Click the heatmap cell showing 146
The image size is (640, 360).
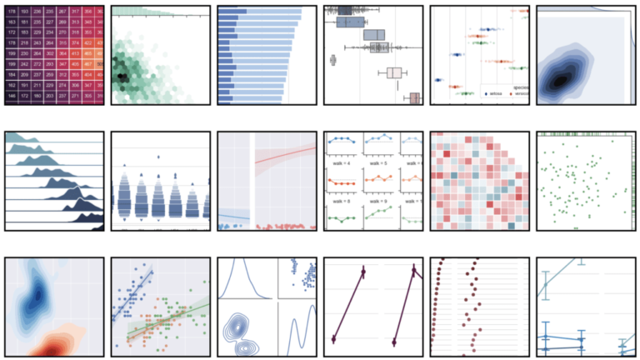tap(12, 97)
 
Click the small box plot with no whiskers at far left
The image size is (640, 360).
tap(333, 59)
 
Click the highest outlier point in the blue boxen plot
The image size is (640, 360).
tap(158, 156)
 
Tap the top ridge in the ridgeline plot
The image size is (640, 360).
tap(25, 145)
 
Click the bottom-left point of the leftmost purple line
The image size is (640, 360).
tap(333, 338)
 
